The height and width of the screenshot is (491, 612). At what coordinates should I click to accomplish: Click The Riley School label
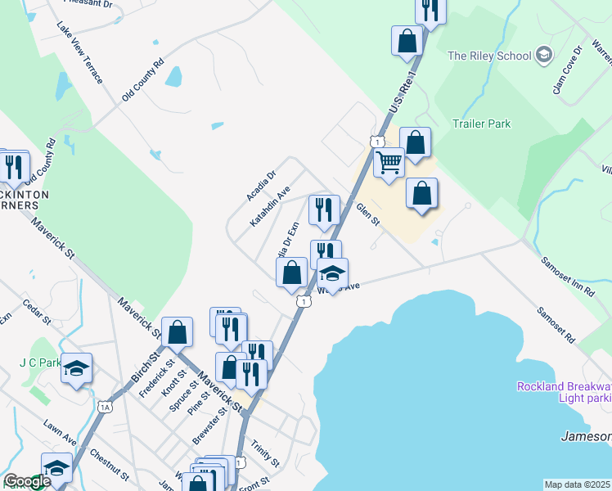[x=488, y=56]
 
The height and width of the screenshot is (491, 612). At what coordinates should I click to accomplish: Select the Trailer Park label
[x=482, y=124]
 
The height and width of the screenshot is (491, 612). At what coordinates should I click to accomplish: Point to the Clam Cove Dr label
[x=566, y=70]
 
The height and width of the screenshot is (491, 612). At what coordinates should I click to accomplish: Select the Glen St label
[x=367, y=215]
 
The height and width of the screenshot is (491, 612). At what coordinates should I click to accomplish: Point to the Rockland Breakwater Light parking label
[x=564, y=392]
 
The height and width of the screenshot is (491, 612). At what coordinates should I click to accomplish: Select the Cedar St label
[x=38, y=312]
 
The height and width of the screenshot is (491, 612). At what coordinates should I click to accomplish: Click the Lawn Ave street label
[x=60, y=433]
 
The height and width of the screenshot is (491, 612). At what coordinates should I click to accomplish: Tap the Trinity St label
[x=266, y=450]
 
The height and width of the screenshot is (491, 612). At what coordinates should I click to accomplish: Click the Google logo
[x=26, y=482]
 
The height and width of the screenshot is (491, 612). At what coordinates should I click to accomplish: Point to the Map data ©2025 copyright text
[x=578, y=484]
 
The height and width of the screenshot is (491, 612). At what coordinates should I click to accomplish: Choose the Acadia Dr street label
[x=262, y=186]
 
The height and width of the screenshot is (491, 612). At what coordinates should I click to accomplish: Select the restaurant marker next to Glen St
[x=324, y=210]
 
